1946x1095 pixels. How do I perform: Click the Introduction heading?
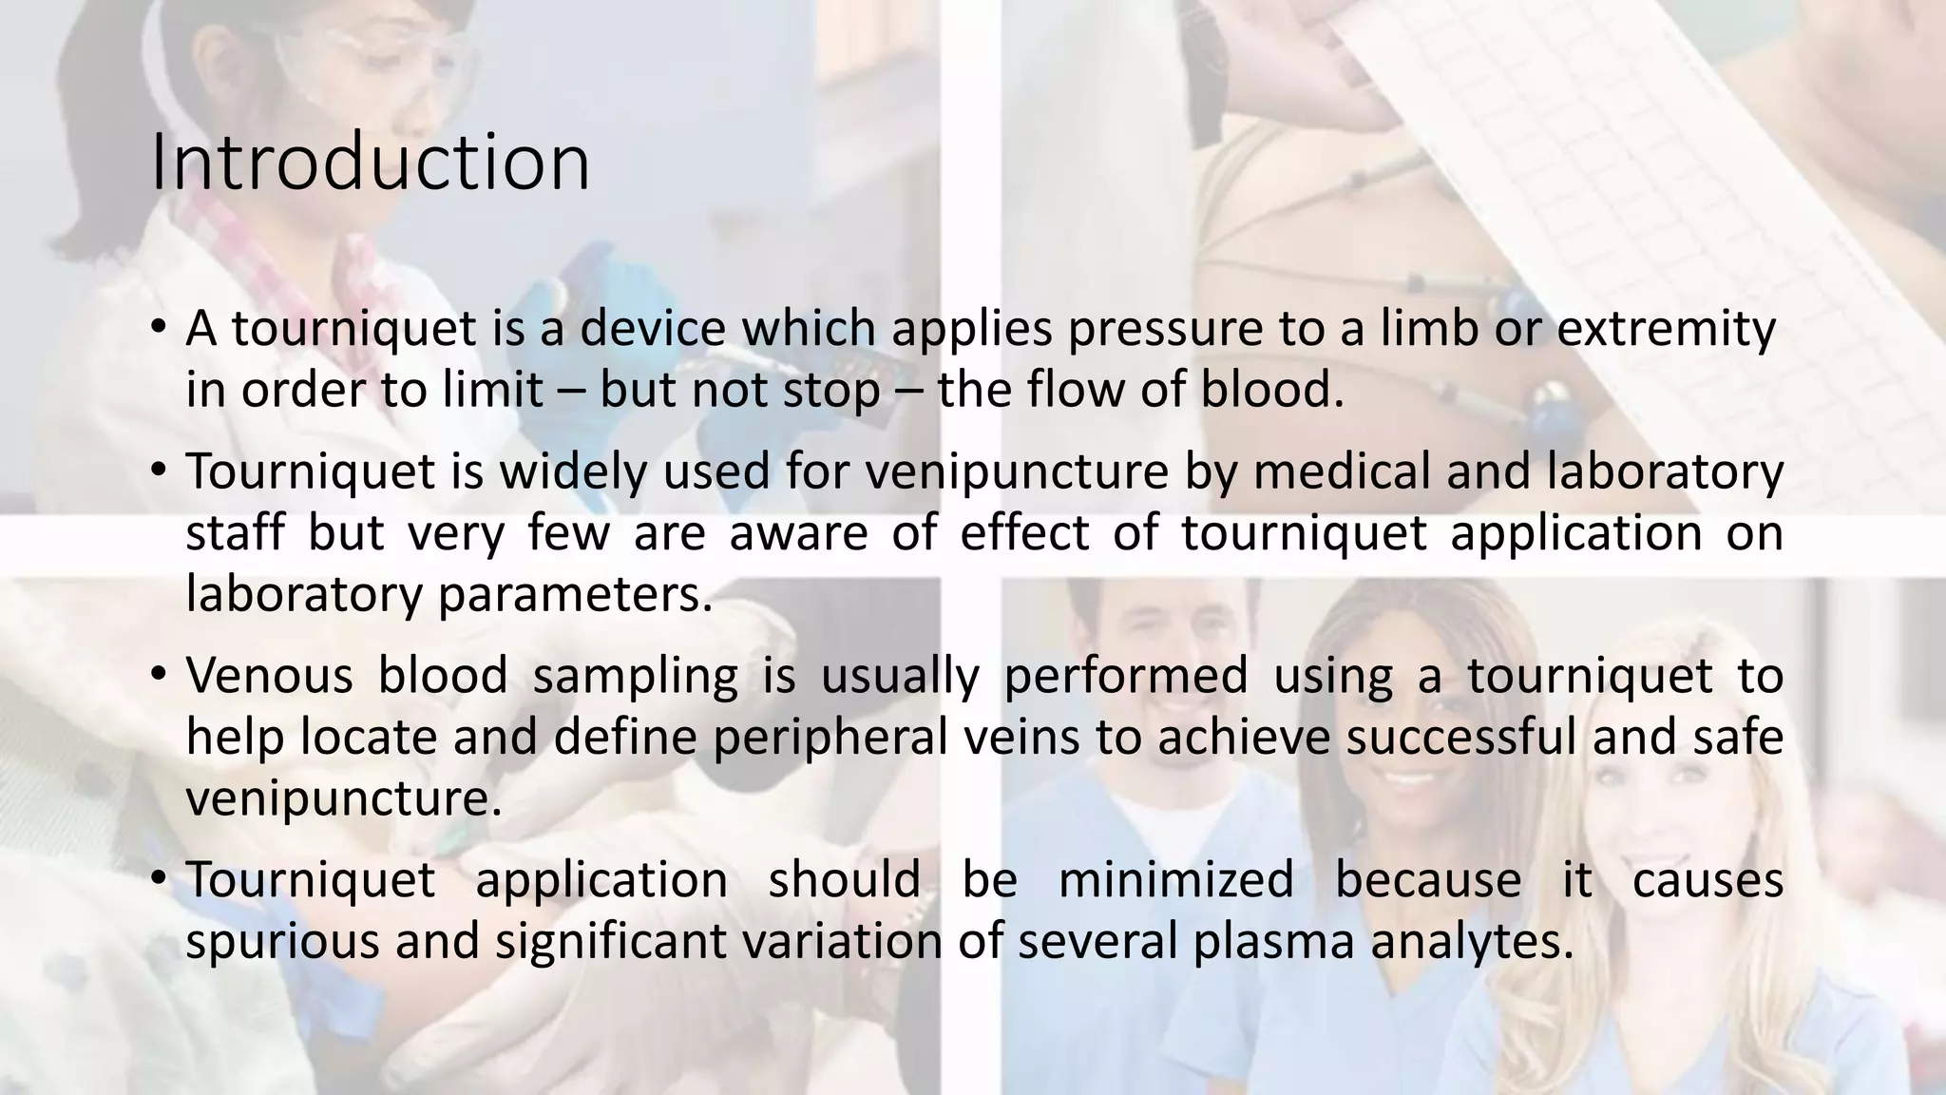(x=371, y=163)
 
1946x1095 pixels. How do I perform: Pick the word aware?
(x=798, y=533)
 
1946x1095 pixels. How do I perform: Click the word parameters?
(x=575, y=595)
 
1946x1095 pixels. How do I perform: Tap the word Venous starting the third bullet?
(x=269, y=676)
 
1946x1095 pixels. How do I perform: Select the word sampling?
(x=635, y=676)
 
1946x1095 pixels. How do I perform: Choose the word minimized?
(x=1175, y=879)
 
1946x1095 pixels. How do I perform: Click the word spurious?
(x=282, y=941)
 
